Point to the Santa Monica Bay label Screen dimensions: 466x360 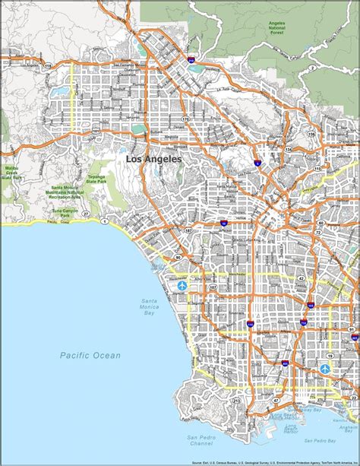tap(150, 306)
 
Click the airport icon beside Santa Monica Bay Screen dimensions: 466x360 tap(182, 286)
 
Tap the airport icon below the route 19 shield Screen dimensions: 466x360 tap(325, 369)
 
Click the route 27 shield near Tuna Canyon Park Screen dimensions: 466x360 tap(86, 215)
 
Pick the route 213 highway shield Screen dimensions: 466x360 tap(236, 399)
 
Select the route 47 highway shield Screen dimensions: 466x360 tap(275, 400)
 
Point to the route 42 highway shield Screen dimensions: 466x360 tap(301, 278)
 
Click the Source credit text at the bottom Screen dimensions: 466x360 tap(274, 461)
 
